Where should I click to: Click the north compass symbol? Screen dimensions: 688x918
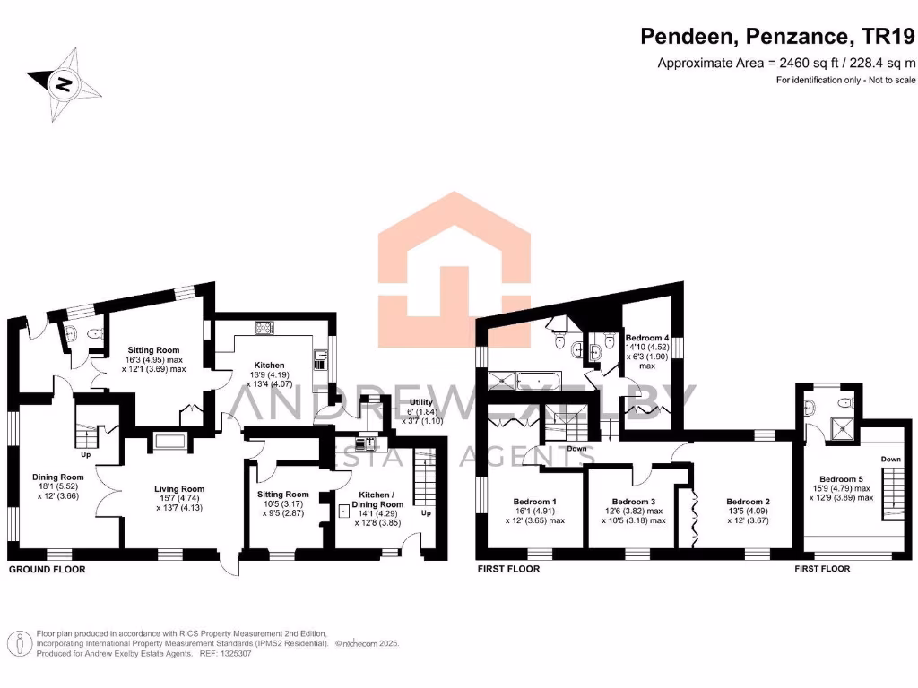(x=64, y=86)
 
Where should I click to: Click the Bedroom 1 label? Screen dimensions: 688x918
(x=535, y=502)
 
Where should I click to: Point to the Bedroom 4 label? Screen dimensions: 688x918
(x=647, y=337)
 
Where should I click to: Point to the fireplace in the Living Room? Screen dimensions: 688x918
(x=169, y=441)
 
